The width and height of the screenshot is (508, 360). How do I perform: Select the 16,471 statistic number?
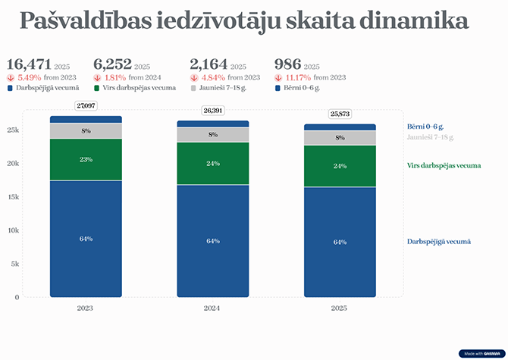coord(30,65)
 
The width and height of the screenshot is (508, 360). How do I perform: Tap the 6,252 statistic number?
coord(112,65)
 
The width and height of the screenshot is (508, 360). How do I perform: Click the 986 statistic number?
coord(288,65)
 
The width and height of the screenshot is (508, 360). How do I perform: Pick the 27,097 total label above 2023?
coord(86,105)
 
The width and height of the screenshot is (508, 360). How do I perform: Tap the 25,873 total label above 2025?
coord(340,114)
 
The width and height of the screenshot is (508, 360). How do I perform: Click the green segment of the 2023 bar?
coord(86,159)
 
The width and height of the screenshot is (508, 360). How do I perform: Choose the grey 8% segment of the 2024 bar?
coord(213,135)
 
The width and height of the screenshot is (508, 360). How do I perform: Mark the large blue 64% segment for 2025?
coord(340,242)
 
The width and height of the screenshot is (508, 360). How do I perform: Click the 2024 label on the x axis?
coord(213,308)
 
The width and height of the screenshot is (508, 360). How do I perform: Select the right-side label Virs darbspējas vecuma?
coord(444,165)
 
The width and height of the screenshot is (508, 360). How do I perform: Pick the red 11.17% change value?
coord(293,77)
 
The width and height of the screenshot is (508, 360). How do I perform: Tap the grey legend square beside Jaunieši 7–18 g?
coord(193,88)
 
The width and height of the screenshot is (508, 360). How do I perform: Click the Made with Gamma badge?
coord(481,353)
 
